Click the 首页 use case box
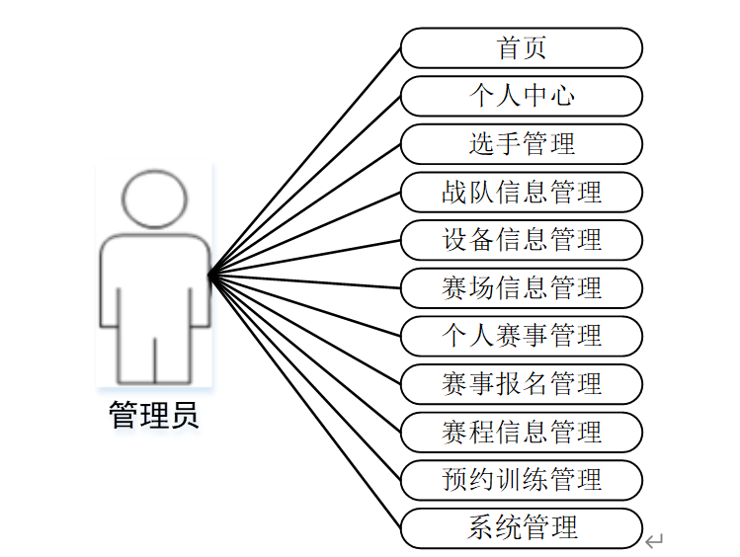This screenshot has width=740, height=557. [x=521, y=47]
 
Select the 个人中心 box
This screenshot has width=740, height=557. [x=521, y=96]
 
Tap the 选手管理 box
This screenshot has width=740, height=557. [x=521, y=144]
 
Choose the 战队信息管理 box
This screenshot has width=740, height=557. [x=521, y=192]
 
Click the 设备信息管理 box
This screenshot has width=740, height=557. [x=521, y=240]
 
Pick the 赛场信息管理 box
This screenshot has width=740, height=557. [x=521, y=288]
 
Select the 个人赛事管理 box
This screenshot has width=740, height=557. [x=521, y=336]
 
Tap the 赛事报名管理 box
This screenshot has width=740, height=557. [x=521, y=384]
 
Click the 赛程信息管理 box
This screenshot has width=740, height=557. [x=521, y=432]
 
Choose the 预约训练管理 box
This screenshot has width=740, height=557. [x=521, y=480]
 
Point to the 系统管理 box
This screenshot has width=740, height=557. [x=521, y=527]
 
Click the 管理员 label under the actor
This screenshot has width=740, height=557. [x=154, y=415]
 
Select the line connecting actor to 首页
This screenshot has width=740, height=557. [x=305, y=160]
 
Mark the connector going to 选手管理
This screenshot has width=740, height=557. [x=305, y=208]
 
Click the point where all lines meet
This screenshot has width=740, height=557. [x=210, y=274]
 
